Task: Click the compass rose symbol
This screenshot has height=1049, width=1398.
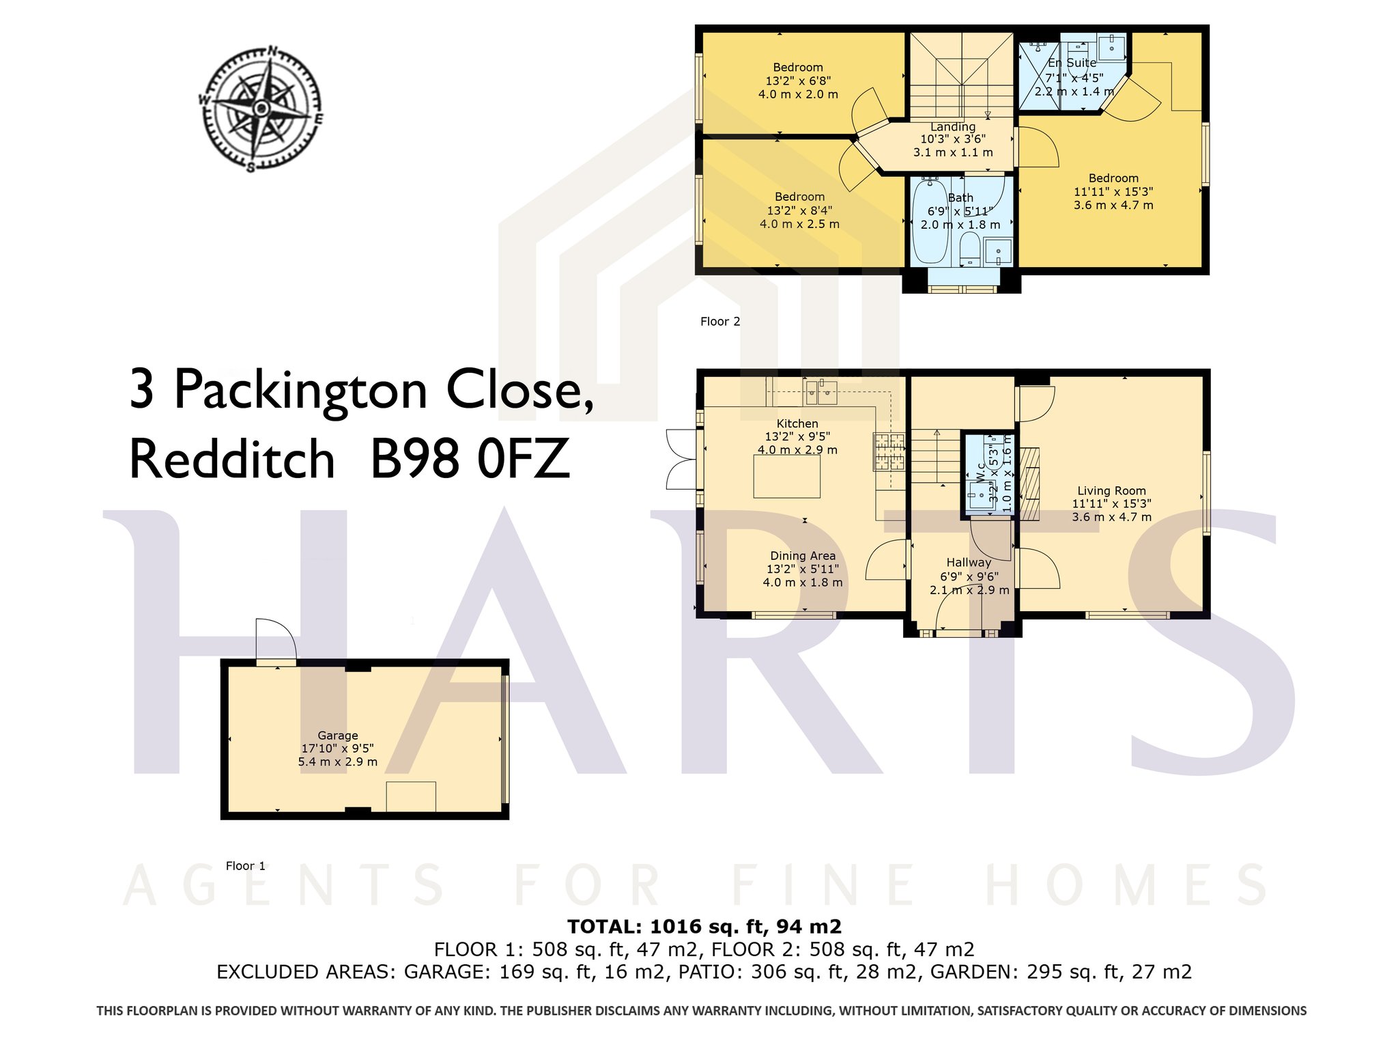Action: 261,109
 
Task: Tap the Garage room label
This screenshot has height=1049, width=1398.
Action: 338,736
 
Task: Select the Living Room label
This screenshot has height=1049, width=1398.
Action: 1111,490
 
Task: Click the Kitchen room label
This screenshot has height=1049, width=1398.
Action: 797,423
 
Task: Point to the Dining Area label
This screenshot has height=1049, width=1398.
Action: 803,556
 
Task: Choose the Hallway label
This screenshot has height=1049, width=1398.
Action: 969,562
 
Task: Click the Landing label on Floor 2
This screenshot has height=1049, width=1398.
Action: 953,126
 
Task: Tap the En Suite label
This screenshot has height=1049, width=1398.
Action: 1072,63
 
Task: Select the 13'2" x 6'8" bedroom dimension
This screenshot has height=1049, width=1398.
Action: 798,81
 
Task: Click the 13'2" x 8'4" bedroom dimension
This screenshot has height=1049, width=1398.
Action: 799,210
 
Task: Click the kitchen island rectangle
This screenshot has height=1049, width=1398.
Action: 786,477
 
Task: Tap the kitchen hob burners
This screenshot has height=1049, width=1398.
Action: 889,451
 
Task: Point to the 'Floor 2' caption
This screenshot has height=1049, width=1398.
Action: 720,322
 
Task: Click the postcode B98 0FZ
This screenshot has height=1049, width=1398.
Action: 470,458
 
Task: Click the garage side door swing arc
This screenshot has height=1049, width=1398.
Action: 276,635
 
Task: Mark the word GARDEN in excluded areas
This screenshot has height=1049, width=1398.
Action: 973,972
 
